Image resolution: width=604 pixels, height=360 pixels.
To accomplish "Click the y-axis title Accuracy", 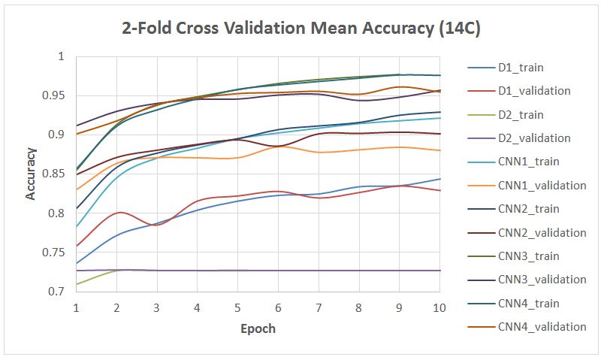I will (31, 174).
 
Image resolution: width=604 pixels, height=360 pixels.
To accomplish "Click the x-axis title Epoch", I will (258, 328).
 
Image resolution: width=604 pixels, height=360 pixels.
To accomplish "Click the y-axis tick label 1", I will (62, 57).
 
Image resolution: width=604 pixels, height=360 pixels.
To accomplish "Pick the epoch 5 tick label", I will (237, 308).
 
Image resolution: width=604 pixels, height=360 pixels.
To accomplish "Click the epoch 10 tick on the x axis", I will (438, 308).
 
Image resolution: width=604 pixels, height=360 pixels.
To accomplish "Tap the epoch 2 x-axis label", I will (116, 308).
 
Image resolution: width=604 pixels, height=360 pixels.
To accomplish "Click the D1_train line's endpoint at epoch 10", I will (439, 179).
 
